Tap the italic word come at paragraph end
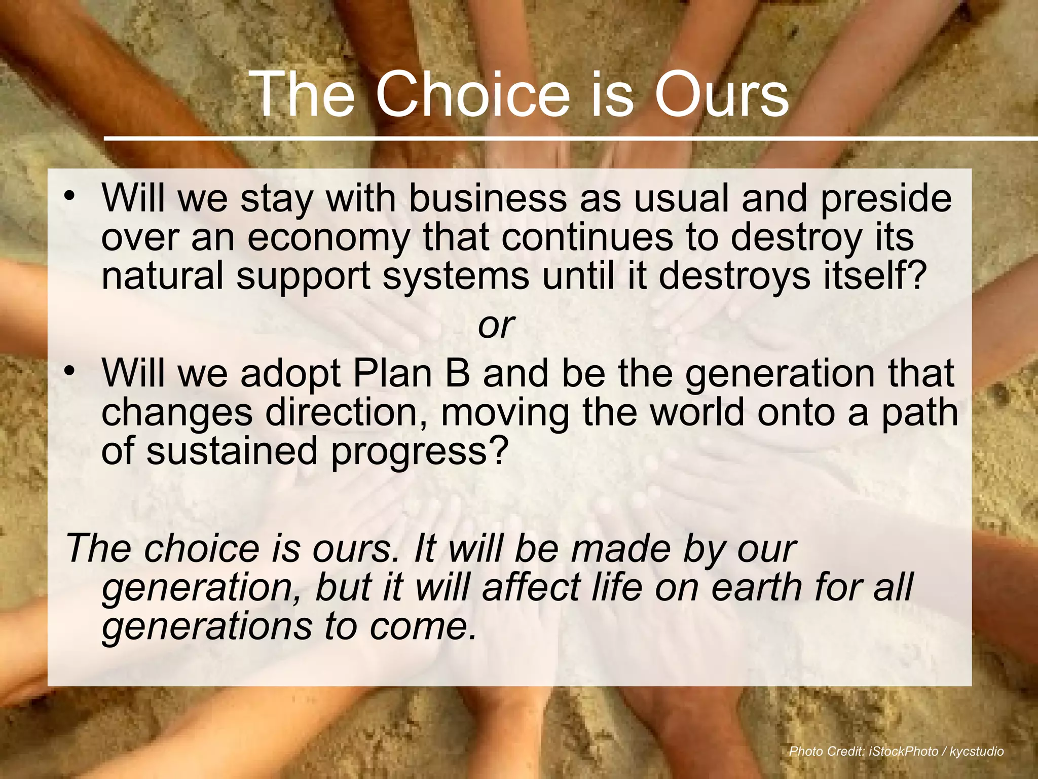pyautogui.click(x=423, y=626)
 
